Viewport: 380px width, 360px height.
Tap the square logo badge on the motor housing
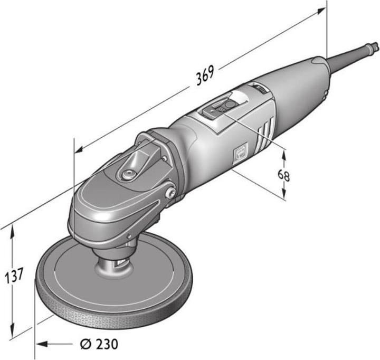[x=240, y=154]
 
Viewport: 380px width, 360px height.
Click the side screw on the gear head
[x=170, y=194]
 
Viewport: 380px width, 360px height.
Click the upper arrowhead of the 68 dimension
[x=284, y=154]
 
